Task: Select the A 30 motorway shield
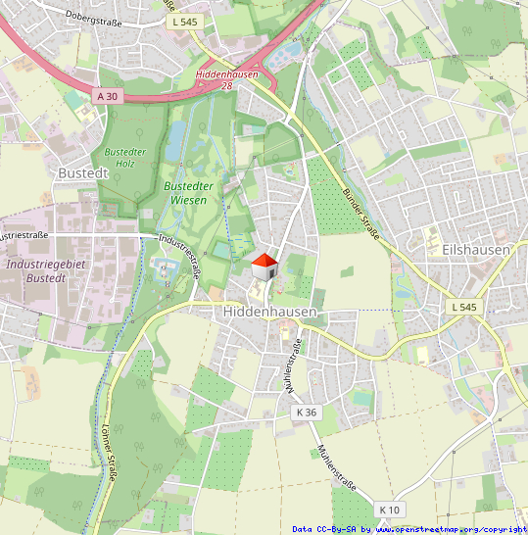click(107, 96)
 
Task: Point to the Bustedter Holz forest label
click(119, 158)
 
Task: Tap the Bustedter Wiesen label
click(189, 192)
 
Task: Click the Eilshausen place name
click(475, 250)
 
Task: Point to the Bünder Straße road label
click(360, 213)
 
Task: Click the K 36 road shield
click(307, 413)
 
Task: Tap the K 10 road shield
click(390, 510)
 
